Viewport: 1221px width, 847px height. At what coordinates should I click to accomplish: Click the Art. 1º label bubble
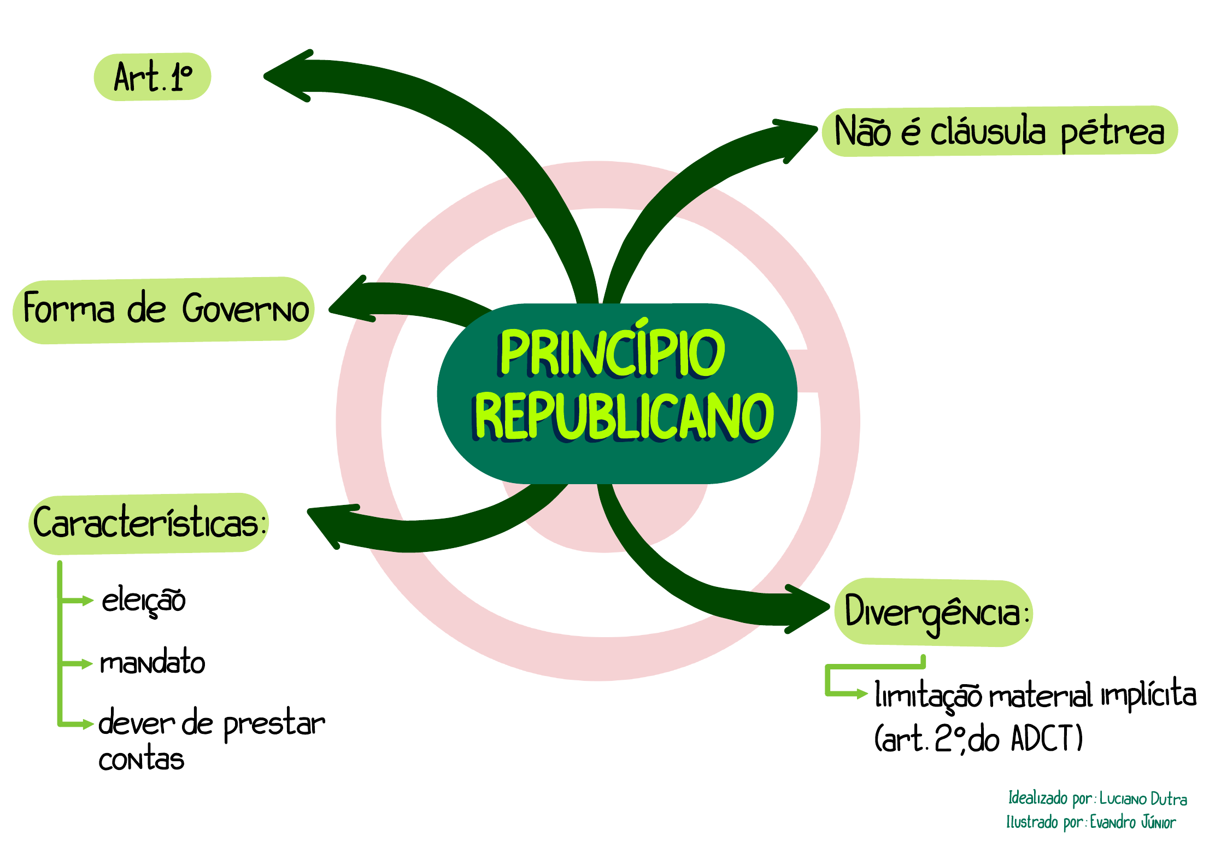[152, 77]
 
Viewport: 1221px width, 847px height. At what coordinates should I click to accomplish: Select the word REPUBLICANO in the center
[623, 416]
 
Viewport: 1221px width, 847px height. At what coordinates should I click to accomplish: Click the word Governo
[245, 309]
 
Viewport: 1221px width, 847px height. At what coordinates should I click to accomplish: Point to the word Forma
[69, 308]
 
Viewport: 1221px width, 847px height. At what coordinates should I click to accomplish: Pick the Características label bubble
[149, 523]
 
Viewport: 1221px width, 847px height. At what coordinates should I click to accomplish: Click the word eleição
[144, 601]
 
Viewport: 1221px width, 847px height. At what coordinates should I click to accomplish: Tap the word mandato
[152, 662]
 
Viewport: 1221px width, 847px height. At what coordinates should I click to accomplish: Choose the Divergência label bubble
[934, 613]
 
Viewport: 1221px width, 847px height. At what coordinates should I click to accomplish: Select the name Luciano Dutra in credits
[1143, 799]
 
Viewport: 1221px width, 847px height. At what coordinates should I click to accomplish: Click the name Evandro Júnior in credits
[1132, 822]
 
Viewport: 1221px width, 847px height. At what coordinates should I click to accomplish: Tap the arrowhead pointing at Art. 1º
[287, 76]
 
